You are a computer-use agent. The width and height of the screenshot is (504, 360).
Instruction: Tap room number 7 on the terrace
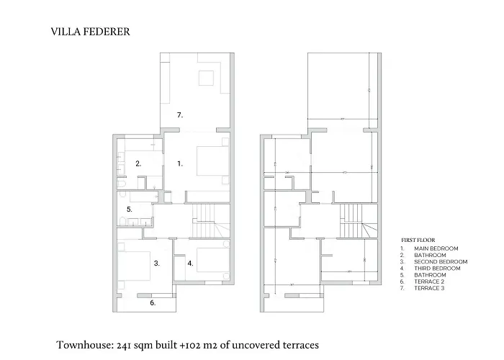tap(180, 114)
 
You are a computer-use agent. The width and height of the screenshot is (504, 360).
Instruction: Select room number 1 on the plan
tap(180, 163)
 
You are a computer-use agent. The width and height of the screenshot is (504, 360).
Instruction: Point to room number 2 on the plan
tap(138, 163)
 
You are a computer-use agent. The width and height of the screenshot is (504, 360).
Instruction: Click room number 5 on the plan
tap(129, 210)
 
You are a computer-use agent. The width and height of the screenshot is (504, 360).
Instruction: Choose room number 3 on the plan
tap(156, 264)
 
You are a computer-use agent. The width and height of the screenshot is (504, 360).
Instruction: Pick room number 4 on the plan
tap(190, 264)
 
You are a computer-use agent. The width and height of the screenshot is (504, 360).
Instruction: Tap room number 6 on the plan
tap(153, 303)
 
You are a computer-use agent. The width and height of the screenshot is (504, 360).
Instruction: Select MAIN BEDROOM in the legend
tap(432, 249)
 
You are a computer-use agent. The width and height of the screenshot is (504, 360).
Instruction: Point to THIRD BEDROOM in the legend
tap(436, 269)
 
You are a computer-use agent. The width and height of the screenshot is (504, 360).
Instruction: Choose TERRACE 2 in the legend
tap(429, 282)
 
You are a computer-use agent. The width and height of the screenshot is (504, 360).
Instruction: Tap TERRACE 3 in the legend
tap(429, 288)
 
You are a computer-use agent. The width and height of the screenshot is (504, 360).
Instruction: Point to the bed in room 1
tap(212, 160)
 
